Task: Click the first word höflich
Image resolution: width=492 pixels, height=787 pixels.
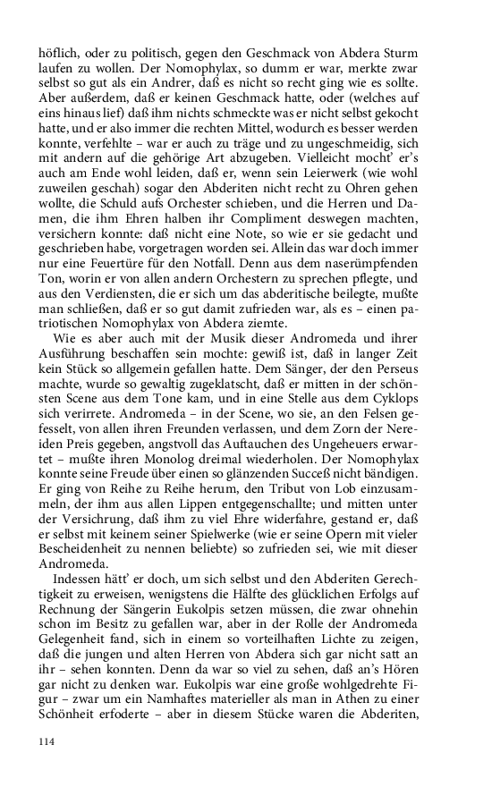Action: coord(56,54)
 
